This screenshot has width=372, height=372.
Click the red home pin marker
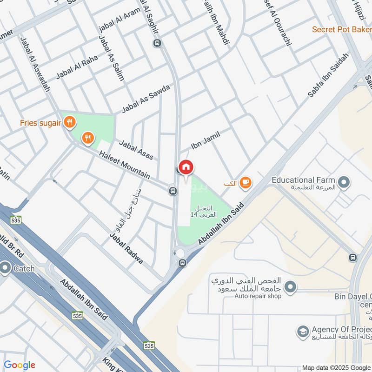click(186, 166)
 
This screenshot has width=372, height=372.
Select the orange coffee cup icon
click(246, 183)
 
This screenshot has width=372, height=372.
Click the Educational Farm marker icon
click(344, 182)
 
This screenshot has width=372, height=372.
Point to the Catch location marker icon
click(6, 268)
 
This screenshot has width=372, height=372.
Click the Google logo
click(20, 365)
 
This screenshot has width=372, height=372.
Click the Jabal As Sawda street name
click(146, 99)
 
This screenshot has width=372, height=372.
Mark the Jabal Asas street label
click(136, 150)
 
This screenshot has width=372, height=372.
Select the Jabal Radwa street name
click(126, 248)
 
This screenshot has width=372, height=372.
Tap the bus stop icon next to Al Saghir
click(157, 43)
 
